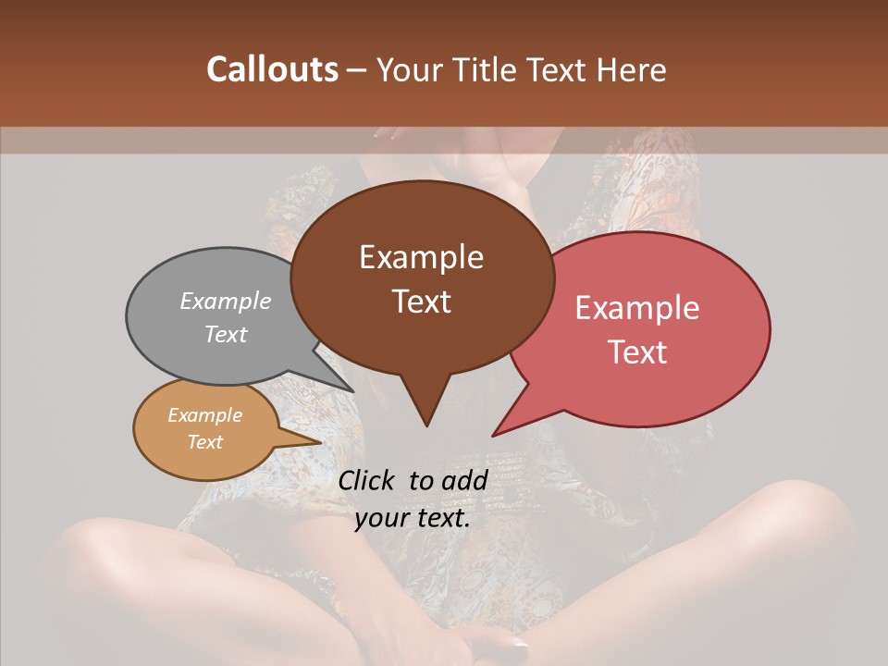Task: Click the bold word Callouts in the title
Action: click(x=272, y=70)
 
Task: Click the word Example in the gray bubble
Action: click(x=226, y=301)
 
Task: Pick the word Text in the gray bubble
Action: click(x=226, y=334)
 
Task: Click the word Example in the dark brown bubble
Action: click(x=421, y=257)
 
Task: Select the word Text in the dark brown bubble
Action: click(x=421, y=302)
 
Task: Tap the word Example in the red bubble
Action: click(x=637, y=308)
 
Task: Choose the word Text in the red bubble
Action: click(x=637, y=352)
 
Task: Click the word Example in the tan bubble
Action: click(x=204, y=415)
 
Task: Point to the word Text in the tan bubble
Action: click(x=204, y=442)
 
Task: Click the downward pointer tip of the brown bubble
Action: click(x=426, y=425)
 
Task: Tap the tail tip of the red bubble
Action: click(x=494, y=434)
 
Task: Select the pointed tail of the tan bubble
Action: click(x=318, y=442)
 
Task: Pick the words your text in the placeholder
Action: click(x=413, y=518)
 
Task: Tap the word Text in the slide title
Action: click(x=554, y=70)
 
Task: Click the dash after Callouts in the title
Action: click(x=358, y=70)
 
